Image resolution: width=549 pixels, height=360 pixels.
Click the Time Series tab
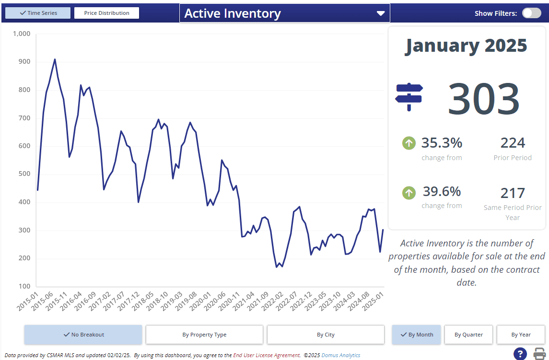[38, 13]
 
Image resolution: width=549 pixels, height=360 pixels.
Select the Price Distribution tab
[106, 13]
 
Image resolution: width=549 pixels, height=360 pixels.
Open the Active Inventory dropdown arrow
[381, 13]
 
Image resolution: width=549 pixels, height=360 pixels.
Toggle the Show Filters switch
[531, 13]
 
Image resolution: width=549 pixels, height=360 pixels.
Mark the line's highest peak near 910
[55, 59]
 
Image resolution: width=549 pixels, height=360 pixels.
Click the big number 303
[483, 99]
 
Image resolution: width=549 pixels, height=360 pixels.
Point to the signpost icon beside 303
[409, 96]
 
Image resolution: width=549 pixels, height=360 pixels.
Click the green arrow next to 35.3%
[409, 143]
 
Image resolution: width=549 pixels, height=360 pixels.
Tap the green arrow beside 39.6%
[409, 193]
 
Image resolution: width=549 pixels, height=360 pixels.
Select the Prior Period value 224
[513, 143]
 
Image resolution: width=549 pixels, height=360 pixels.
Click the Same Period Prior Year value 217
[513, 193]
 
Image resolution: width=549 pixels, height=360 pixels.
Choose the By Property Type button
[204, 335]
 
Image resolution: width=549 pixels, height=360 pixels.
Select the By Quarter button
[468, 335]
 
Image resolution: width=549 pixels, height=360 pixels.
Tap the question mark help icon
[520, 354]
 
